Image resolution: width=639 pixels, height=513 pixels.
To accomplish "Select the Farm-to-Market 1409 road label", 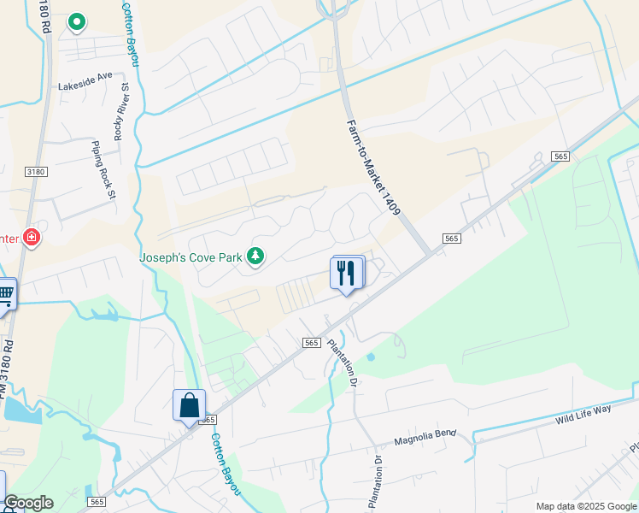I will [373, 179].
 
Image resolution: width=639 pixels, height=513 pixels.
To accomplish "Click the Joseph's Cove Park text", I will [191, 256].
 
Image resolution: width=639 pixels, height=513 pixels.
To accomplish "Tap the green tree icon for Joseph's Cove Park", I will [255, 255].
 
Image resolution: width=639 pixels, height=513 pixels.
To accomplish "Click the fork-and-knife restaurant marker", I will [346, 273].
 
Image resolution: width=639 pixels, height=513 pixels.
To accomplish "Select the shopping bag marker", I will [188, 405].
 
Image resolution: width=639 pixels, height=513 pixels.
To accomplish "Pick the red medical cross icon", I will [32, 237].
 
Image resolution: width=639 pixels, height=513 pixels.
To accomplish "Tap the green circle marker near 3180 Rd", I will [76, 21].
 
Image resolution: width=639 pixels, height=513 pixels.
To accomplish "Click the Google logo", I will [28, 503].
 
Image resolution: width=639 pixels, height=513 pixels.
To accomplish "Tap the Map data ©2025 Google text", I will [585, 506].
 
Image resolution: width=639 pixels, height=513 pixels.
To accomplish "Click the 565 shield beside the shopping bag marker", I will [208, 420].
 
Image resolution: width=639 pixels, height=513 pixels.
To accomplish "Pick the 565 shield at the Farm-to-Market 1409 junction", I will [452, 238].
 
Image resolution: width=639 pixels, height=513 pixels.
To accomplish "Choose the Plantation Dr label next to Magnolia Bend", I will [376, 483].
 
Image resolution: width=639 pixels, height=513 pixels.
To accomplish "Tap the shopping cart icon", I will [5, 295].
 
